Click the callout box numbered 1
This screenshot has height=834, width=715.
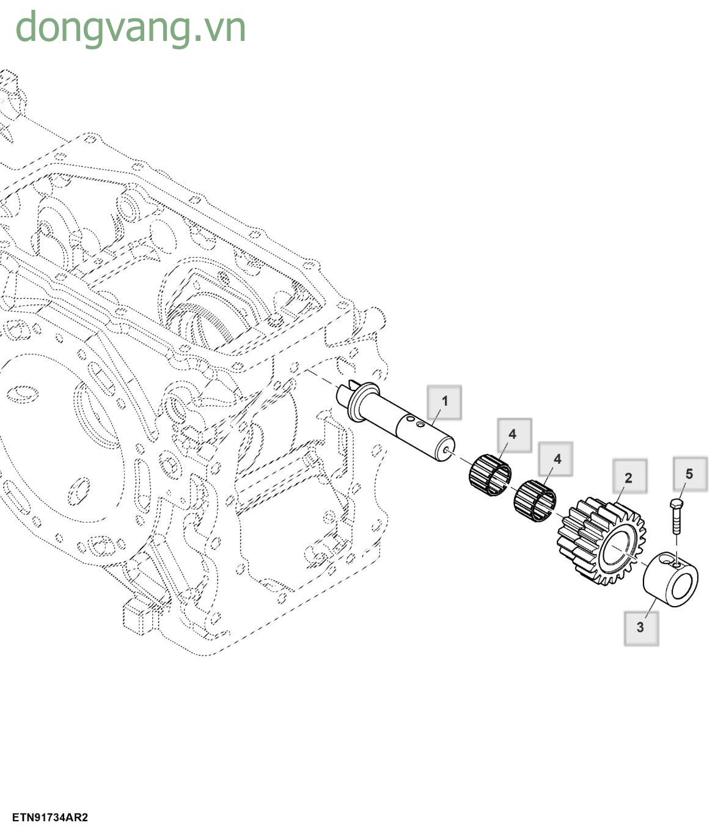click(444, 401)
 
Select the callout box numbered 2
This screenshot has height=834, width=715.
click(628, 477)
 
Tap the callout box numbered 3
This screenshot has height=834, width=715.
click(640, 627)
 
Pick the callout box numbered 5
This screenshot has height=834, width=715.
click(689, 474)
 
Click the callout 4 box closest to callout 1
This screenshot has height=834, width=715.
click(513, 434)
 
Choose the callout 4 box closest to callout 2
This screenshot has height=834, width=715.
click(556, 458)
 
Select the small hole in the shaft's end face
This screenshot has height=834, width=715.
click(450, 452)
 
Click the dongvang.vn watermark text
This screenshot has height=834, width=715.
click(130, 27)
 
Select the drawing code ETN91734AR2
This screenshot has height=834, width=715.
click(50, 817)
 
